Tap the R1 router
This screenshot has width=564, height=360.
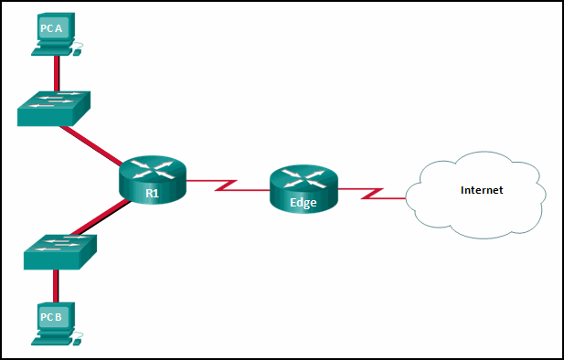coord(152,178)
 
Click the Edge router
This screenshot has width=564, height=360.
coord(303,189)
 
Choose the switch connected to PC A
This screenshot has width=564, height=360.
coord(53,106)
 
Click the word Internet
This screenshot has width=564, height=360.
coord(482,190)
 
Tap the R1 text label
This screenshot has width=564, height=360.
coord(152,192)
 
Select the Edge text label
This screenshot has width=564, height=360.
coord(303,203)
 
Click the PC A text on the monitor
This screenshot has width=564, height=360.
coord(51,29)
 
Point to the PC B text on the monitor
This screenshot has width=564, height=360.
coord(51,317)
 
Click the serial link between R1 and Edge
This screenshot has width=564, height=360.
coord(229,185)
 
